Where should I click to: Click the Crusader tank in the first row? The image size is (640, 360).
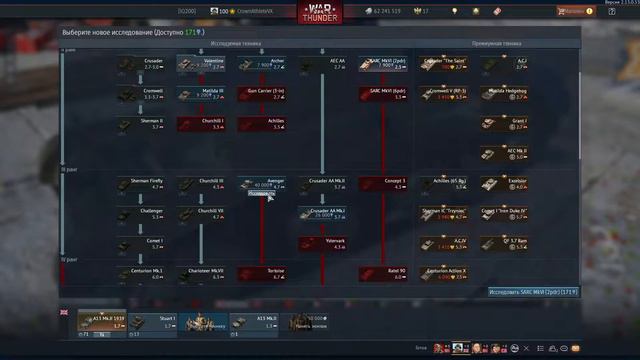tap(141, 64)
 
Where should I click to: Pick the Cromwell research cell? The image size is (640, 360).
tap(141, 94)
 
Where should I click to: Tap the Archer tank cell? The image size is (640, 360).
tap(263, 64)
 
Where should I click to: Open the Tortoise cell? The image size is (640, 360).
tap(263, 272)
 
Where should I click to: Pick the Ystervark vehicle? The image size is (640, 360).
tap(323, 243)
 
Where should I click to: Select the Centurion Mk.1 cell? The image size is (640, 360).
tap(141, 272)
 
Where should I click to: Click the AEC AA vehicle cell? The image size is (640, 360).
tap(323, 64)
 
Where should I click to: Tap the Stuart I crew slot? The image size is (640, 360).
tap(154, 322)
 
